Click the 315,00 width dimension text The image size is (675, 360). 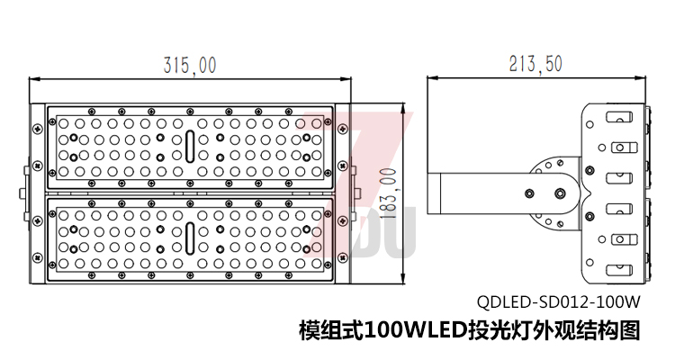[190, 65]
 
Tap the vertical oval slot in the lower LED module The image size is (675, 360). [190, 238]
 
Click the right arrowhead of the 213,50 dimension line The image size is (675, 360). [646, 79]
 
